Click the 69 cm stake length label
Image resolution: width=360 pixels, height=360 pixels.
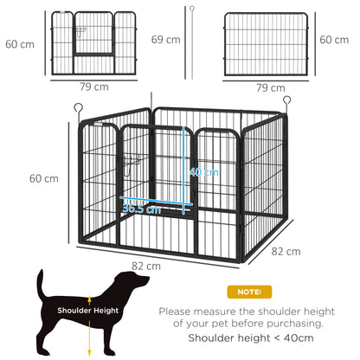[165, 40]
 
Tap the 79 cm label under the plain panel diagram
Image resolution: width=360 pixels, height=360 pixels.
[272, 87]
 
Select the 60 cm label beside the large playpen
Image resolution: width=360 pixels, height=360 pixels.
[43, 178]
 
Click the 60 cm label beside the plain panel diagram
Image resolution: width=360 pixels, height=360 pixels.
[335, 40]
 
